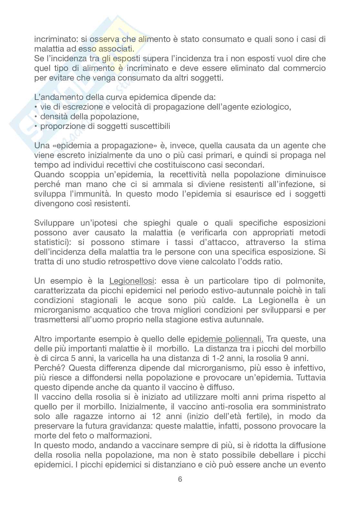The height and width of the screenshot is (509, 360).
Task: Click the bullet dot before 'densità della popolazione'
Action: point(36,117)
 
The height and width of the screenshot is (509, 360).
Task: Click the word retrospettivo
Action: point(135,261)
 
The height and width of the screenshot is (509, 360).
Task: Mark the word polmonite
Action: point(302,281)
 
